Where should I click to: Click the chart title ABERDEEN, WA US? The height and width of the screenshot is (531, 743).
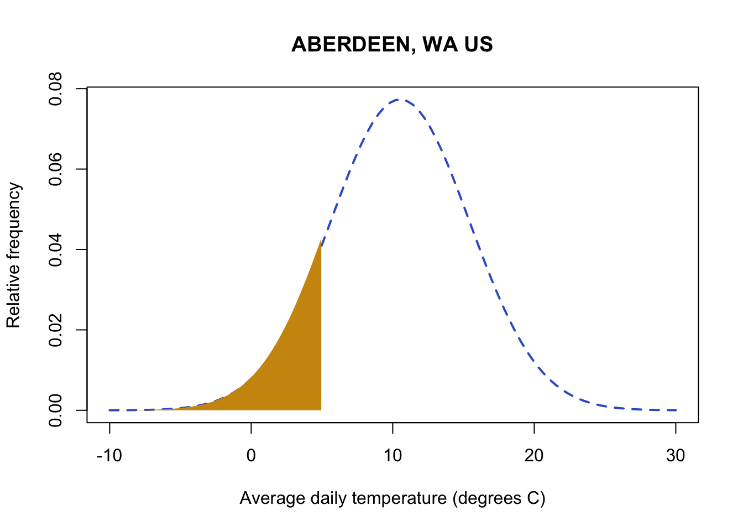pyautogui.click(x=392, y=45)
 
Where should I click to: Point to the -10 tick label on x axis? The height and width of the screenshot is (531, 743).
pyautogui.click(x=109, y=456)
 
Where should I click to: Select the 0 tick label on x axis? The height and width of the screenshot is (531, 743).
pyautogui.click(x=251, y=456)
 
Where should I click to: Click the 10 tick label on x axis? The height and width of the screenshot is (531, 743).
pyautogui.click(x=393, y=456)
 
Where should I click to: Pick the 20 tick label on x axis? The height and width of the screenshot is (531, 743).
pyautogui.click(x=534, y=456)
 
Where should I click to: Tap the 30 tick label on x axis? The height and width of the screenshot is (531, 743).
pyautogui.click(x=676, y=456)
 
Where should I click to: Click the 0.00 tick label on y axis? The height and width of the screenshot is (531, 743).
pyautogui.click(x=56, y=410)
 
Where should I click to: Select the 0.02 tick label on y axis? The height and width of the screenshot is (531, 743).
pyautogui.click(x=56, y=330)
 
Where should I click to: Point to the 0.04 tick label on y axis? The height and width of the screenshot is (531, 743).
pyautogui.click(x=56, y=249)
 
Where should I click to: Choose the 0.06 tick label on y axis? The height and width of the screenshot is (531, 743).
pyautogui.click(x=56, y=169)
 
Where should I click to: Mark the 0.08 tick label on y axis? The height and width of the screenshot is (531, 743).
pyautogui.click(x=56, y=88)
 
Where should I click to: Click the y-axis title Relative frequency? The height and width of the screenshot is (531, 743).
pyautogui.click(x=13, y=255)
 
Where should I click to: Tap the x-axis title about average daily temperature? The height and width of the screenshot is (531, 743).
pyautogui.click(x=392, y=499)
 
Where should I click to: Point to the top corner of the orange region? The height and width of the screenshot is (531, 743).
pyautogui.click(x=320, y=242)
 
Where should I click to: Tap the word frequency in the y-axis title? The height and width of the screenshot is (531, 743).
pyautogui.click(x=13, y=221)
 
